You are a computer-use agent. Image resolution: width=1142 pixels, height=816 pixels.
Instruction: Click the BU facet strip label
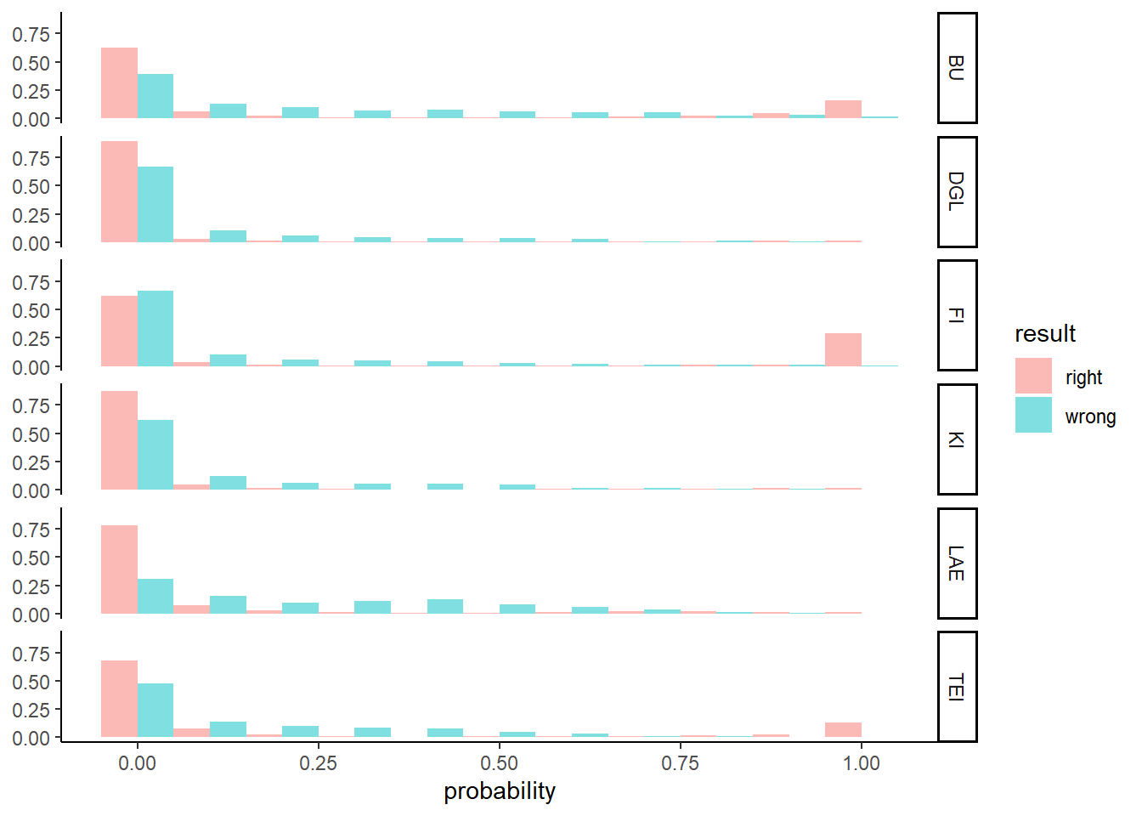point(957,68)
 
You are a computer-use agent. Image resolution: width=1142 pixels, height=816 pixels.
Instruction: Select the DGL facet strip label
point(957,192)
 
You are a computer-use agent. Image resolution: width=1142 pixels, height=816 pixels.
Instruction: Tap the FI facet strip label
point(957,315)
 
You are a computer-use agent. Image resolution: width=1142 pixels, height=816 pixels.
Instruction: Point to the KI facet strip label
point(957,439)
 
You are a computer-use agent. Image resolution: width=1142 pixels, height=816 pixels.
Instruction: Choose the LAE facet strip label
point(957,564)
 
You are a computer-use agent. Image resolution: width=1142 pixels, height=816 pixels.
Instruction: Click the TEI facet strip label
point(957,687)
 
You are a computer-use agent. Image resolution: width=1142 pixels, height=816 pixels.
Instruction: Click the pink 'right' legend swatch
point(1033,376)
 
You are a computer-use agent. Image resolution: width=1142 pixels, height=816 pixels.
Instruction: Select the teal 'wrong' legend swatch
point(1033,415)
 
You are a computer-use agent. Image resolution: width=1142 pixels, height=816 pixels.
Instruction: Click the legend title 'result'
point(1045,334)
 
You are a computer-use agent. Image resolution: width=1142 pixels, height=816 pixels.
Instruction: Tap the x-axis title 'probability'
point(500,791)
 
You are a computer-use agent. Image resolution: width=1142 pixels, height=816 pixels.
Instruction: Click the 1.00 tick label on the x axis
point(862,763)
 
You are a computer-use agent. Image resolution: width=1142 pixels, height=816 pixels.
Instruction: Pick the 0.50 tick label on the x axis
point(500,763)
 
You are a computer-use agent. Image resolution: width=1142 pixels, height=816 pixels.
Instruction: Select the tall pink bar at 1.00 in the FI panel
point(843,350)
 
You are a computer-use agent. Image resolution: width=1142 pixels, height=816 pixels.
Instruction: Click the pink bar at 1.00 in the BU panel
point(843,110)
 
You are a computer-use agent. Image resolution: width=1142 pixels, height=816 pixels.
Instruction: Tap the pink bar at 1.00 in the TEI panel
point(843,730)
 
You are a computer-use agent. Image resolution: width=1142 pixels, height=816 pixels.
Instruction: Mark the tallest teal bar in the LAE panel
point(155,597)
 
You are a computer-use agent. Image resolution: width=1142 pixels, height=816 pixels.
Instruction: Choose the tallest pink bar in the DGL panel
point(119,192)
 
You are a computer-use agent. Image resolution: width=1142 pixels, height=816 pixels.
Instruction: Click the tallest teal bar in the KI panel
point(155,455)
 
